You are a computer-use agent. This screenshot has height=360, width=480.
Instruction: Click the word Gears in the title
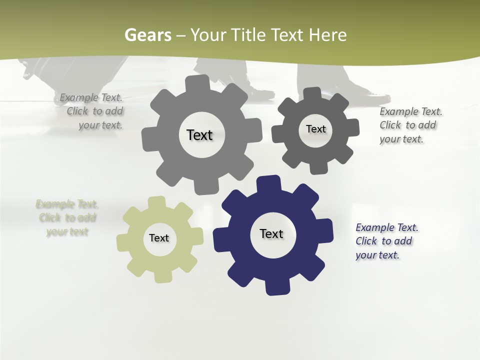(148, 35)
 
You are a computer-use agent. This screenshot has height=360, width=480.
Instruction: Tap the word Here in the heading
(327, 35)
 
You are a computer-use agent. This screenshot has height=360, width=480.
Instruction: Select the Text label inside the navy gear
(271, 233)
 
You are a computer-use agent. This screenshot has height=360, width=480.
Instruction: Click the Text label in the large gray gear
(199, 135)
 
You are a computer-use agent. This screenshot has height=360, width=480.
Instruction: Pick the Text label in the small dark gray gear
(316, 129)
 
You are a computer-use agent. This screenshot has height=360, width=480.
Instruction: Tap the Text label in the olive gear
(159, 238)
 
